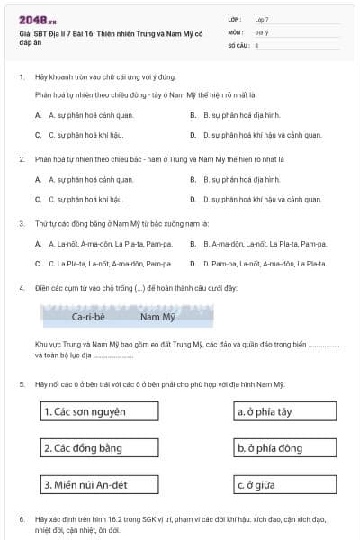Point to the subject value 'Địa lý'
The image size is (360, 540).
pos(264,31)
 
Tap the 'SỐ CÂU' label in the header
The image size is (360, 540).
pos(238,44)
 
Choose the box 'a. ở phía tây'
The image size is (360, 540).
pos(284,412)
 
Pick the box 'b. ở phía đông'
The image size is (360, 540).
pos(284,448)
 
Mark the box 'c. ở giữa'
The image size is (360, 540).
pos(284,485)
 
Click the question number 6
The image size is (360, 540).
pos(22,520)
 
